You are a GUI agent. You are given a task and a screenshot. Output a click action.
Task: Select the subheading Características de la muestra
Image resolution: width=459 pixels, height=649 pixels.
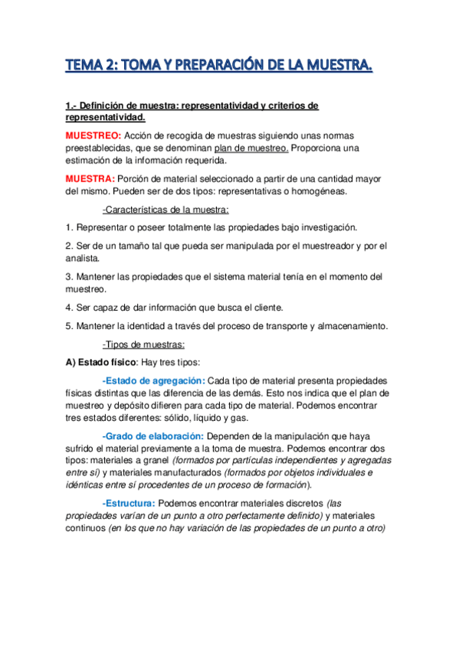166,210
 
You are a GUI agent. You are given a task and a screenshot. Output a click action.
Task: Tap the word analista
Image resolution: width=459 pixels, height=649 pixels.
84,259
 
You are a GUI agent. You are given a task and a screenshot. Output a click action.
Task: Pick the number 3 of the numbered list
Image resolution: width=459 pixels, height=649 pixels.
69,276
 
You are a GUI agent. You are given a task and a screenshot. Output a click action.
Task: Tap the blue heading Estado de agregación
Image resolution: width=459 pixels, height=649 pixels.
153,380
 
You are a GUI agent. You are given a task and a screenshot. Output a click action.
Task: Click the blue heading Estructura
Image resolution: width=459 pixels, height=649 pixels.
129,503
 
